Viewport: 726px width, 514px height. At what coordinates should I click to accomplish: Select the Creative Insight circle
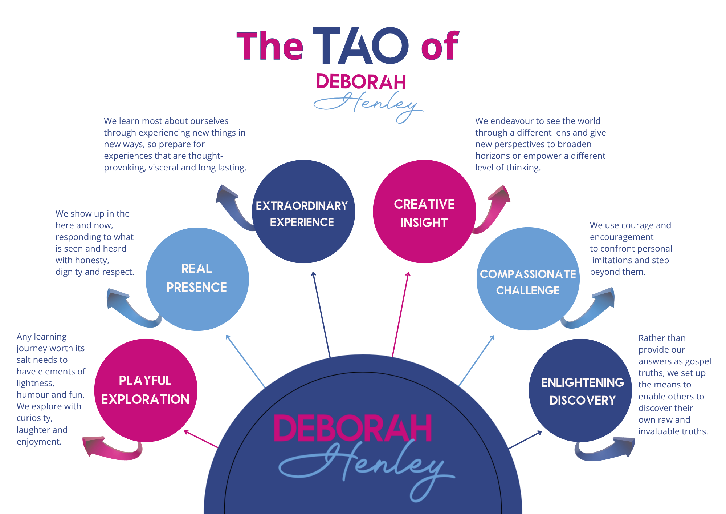pos(424,213)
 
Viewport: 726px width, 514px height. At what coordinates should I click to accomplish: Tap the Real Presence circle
pos(197,278)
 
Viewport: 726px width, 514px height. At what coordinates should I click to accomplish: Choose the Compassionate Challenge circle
pos(528,280)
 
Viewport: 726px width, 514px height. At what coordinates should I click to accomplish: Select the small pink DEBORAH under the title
pos(360,82)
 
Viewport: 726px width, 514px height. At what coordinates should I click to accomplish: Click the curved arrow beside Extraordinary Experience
pos(232,207)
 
